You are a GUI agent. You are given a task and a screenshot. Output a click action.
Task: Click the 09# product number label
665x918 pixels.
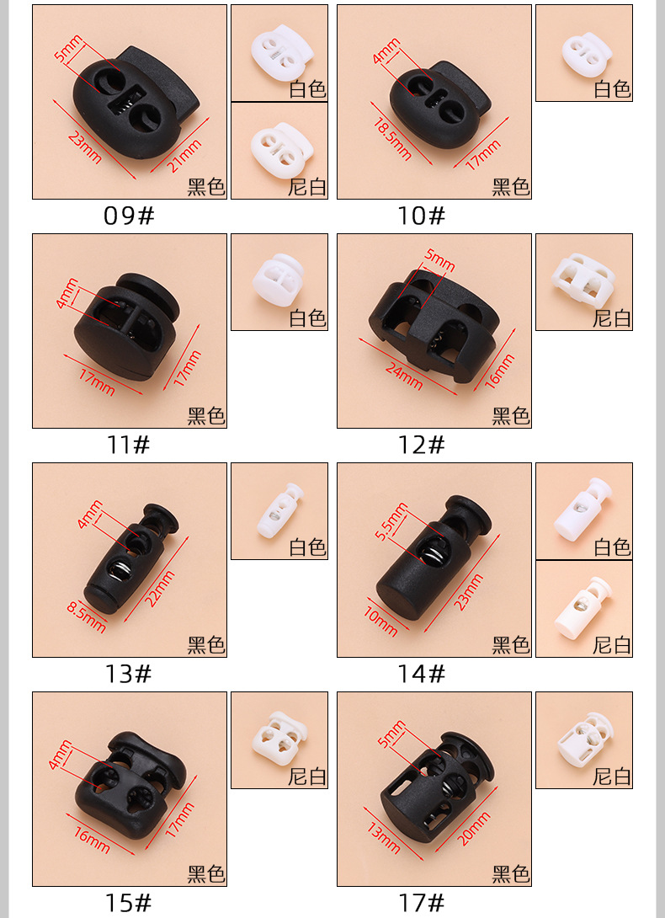129,216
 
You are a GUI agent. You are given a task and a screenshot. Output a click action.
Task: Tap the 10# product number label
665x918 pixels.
421,216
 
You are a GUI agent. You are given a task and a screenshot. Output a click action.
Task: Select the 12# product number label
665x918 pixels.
421,445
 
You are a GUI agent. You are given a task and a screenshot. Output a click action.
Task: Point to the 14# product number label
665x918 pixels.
421,674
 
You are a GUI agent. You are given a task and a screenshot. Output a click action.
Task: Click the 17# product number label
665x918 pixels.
421,903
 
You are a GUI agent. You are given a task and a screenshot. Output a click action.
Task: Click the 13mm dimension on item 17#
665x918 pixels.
384,836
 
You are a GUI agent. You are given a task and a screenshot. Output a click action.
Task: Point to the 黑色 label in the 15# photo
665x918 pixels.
206,874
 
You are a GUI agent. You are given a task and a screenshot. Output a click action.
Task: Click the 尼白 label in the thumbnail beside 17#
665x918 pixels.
612,776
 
